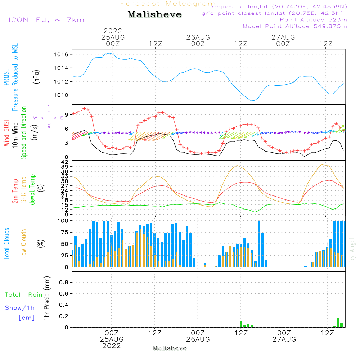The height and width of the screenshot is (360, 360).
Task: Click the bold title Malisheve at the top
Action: [154, 14]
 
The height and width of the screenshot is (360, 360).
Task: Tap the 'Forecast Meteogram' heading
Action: [168, 4]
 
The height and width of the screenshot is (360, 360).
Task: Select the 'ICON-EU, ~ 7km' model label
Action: [46, 20]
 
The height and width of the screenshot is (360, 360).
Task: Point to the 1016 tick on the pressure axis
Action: [64, 54]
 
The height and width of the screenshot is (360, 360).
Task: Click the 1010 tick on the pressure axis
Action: [64, 95]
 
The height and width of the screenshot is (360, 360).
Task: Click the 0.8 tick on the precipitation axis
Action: [64, 283]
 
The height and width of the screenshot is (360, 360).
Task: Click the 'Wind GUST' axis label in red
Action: [6, 133]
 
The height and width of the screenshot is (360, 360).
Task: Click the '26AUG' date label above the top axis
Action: [198, 37]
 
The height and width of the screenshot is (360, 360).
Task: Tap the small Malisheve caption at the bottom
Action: [170, 348]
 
